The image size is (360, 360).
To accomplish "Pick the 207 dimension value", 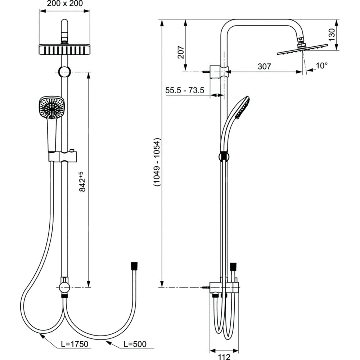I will click(x=181, y=53).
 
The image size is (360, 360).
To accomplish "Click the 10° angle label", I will click(x=321, y=66).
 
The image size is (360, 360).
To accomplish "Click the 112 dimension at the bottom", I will click(x=224, y=356).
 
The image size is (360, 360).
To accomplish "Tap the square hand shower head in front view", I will click(x=51, y=107).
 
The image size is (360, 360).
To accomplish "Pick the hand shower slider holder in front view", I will click(x=63, y=157).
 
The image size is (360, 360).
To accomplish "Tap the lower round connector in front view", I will click(x=64, y=287).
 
